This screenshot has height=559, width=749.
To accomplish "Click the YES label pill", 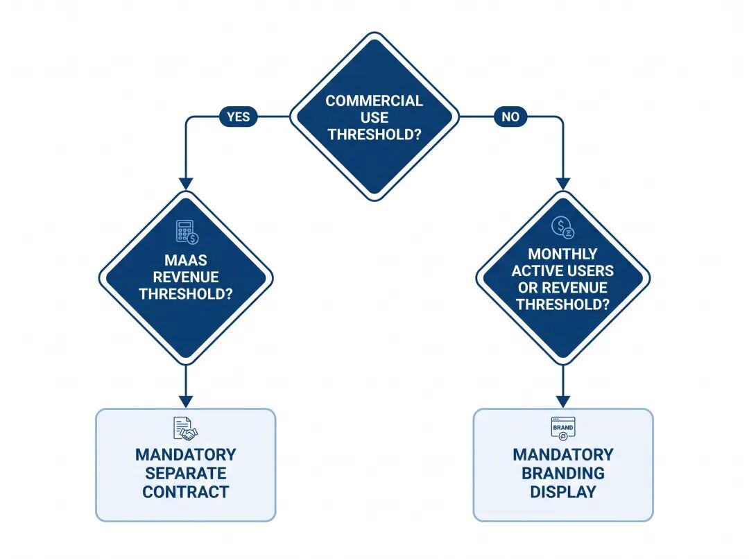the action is (238, 117).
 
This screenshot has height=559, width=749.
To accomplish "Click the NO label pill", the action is (510, 117).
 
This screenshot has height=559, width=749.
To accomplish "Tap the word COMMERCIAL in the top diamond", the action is (374, 101).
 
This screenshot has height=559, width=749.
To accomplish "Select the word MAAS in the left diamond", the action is (186, 260).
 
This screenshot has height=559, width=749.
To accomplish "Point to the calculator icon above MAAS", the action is (187, 232).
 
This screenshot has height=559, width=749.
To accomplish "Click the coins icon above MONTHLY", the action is (562, 227).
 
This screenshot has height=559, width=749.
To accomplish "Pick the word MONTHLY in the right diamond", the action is (562, 254).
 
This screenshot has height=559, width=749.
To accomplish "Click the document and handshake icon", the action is (185, 429).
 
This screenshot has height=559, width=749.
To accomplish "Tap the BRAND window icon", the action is (563, 429).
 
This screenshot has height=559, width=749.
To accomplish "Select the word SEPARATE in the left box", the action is (186, 473).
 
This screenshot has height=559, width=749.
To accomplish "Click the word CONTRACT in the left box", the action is (186, 492).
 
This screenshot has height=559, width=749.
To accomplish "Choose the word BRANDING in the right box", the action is (563, 473).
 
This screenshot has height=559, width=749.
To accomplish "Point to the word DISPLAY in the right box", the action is (563, 492).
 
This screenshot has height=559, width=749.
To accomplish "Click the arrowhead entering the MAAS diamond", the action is (186, 184).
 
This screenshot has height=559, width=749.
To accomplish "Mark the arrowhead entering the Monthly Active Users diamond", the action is (563, 184).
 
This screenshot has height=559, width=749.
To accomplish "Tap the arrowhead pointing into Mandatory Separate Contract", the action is (186, 402).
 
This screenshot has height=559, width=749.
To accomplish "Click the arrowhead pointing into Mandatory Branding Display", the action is (563, 402).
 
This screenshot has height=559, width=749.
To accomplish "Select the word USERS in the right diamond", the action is (590, 270).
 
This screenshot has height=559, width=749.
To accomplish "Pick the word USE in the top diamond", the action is (374, 117).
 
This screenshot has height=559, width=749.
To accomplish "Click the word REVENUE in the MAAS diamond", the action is (186, 277).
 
